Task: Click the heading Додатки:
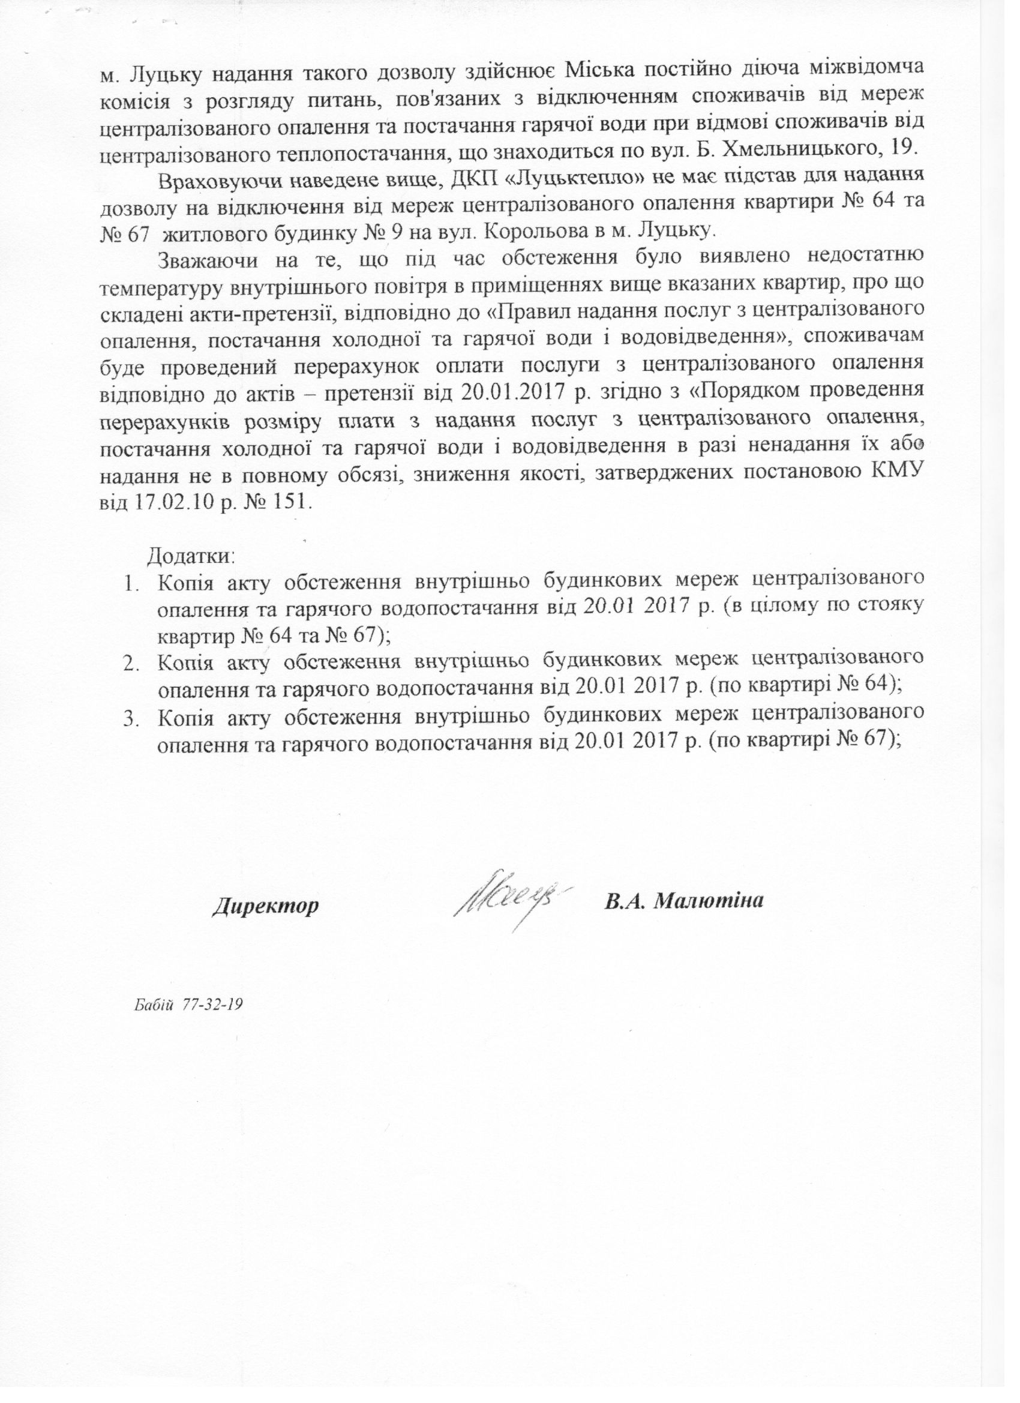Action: pyautogui.click(x=191, y=556)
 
